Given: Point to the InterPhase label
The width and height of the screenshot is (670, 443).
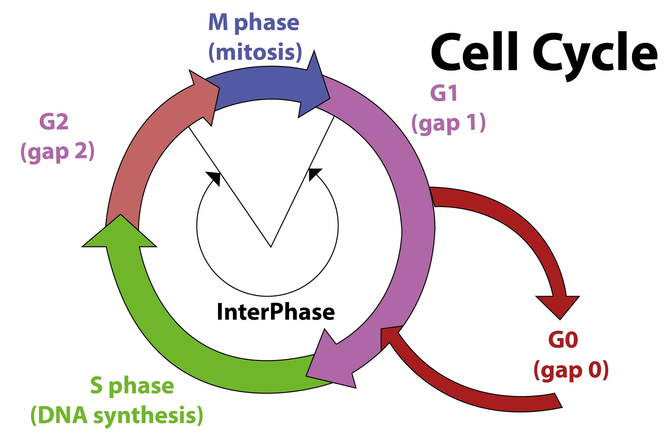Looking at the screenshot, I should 276,312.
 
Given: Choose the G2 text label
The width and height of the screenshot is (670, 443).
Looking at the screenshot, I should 54,122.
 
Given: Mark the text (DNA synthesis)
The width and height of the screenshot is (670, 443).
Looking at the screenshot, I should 117,415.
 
